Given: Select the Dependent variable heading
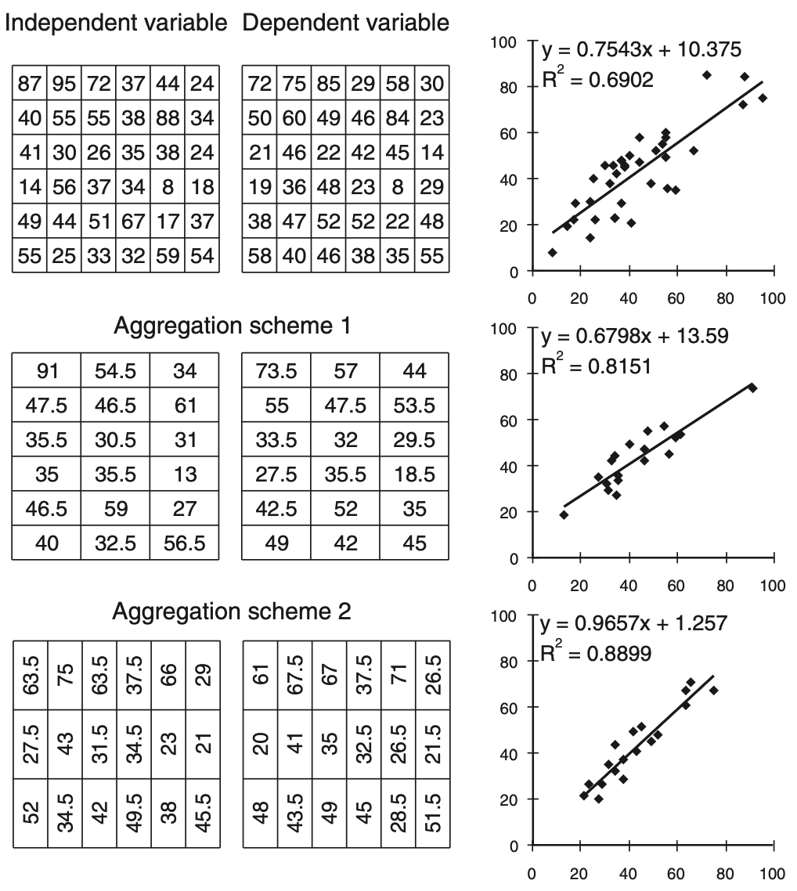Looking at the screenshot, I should pyautogui.click(x=345, y=23).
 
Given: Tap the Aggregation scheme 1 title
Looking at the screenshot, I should pyautogui.click(x=232, y=326).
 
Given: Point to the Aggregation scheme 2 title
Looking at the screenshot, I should pyautogui.click(x=232, y=611).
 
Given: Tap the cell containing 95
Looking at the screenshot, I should pyautogui.click(x=64, y=82).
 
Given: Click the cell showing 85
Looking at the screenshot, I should pyautogui.click(x=328, y=82).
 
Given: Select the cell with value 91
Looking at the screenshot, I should pyautogui.click(x=47, y=370).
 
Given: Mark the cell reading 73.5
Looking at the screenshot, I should pyautogui.click(x=276, y=370).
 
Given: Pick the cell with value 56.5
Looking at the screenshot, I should pyautogui.click(x=186, y=543).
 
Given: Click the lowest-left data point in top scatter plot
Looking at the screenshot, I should pyautogui.click(x=552, y=252).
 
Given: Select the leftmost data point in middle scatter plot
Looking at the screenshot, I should pyautogui.click(x=564, y=514).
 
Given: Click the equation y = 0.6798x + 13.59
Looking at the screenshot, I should pyautogui.click(x=635, y=336).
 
